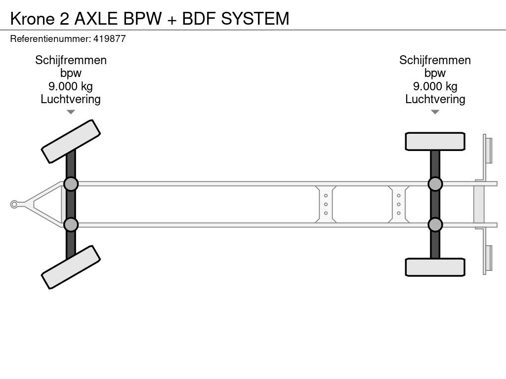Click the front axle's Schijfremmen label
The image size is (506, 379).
(71, 60)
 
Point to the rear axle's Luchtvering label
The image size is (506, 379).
(435, 99)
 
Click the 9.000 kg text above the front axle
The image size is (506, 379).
(71, 86)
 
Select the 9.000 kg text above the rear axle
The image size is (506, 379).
(435, 86)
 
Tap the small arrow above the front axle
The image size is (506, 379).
(71, 112)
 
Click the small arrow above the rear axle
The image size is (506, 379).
(435, 112)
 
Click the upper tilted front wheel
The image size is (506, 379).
(71, 141)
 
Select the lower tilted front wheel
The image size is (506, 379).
(71, 267)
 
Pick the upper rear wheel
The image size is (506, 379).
(435, 141)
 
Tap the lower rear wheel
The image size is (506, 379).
(435, 267)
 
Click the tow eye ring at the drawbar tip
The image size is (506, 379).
(14, 204)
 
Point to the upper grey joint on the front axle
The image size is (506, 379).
(71, 184)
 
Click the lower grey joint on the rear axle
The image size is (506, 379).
(435, 225)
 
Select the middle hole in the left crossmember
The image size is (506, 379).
(326, 204)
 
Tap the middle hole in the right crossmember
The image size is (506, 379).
(398, 204)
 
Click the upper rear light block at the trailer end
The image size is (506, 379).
(488, 150)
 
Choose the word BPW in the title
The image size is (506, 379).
(142, 18)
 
